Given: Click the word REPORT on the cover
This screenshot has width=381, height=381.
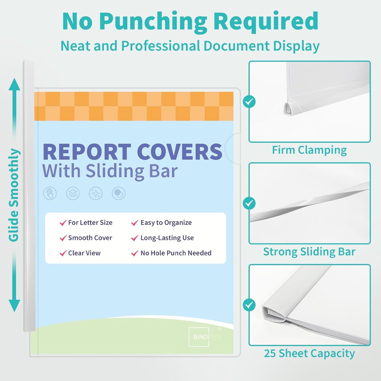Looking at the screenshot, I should click(x=87, y=152).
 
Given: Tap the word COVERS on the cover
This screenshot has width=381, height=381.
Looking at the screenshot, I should click(x=180, y=152).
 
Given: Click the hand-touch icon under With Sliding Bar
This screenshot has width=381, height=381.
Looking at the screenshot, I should click(x=50, y=194).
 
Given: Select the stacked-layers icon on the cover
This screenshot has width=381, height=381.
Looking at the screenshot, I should click(x=73, y=194).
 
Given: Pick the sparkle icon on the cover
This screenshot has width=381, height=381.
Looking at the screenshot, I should click(x=96, y=194).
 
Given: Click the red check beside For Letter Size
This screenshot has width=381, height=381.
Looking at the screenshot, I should click(x=63, y=223).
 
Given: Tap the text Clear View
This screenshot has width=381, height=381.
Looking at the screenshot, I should click(x=84, y=253).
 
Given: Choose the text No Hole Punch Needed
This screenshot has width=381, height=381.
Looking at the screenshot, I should click(x=176, y=253).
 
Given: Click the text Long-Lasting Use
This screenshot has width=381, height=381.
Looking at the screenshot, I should click(x=167, y=238).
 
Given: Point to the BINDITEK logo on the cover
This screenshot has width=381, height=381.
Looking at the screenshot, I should click(x=204, y=337).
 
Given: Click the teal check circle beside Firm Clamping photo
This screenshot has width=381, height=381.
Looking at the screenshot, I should click(x=249, y=102).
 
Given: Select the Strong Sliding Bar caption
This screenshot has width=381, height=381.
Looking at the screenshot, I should click(x=309, y=252).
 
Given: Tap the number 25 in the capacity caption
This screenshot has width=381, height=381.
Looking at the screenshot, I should click(x=270, y=353).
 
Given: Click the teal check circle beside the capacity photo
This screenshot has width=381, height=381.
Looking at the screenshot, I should click(x=249, y=305).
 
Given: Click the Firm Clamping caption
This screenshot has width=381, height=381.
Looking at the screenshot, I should click(x=309, y=150).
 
